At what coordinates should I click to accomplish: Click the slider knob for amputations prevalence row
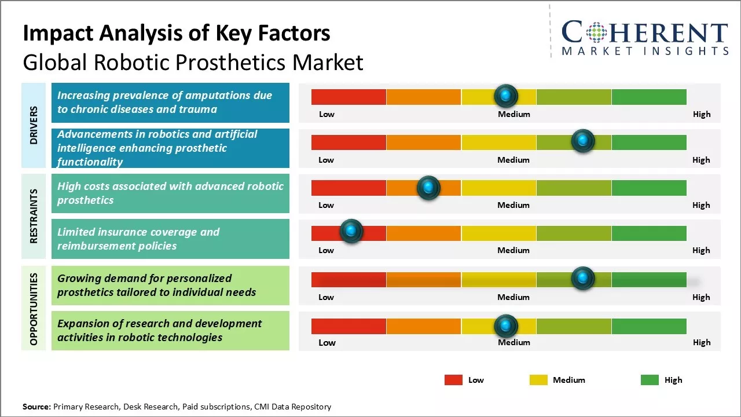point(506,96)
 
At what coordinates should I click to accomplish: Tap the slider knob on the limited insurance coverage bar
point(351,232)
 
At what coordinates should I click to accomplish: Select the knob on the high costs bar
point(428,187)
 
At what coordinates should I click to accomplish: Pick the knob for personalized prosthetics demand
point(582,279)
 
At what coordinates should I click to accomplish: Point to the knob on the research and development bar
point(506,326)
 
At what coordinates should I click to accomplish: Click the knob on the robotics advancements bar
point(582,141)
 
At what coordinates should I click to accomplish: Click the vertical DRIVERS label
point(34,125)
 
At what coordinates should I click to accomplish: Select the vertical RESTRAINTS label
point(34,215)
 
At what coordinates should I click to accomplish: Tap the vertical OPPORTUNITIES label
point(34,309)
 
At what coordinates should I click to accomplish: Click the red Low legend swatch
point(453,380)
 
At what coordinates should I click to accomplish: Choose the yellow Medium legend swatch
point(538,380)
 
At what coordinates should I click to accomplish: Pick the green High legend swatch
point(650,380)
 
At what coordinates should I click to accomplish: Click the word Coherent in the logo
point(644,33)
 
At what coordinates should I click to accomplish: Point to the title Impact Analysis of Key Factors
point(176,33)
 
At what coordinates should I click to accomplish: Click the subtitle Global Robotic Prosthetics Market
point(193,62)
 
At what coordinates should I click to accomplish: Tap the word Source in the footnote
point(36,407)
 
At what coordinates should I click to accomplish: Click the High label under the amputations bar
point(701,114)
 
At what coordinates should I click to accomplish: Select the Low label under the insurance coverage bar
point(326,250)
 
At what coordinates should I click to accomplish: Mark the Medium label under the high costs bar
point(513,205)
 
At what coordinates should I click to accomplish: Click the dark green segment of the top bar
point(648,97)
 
